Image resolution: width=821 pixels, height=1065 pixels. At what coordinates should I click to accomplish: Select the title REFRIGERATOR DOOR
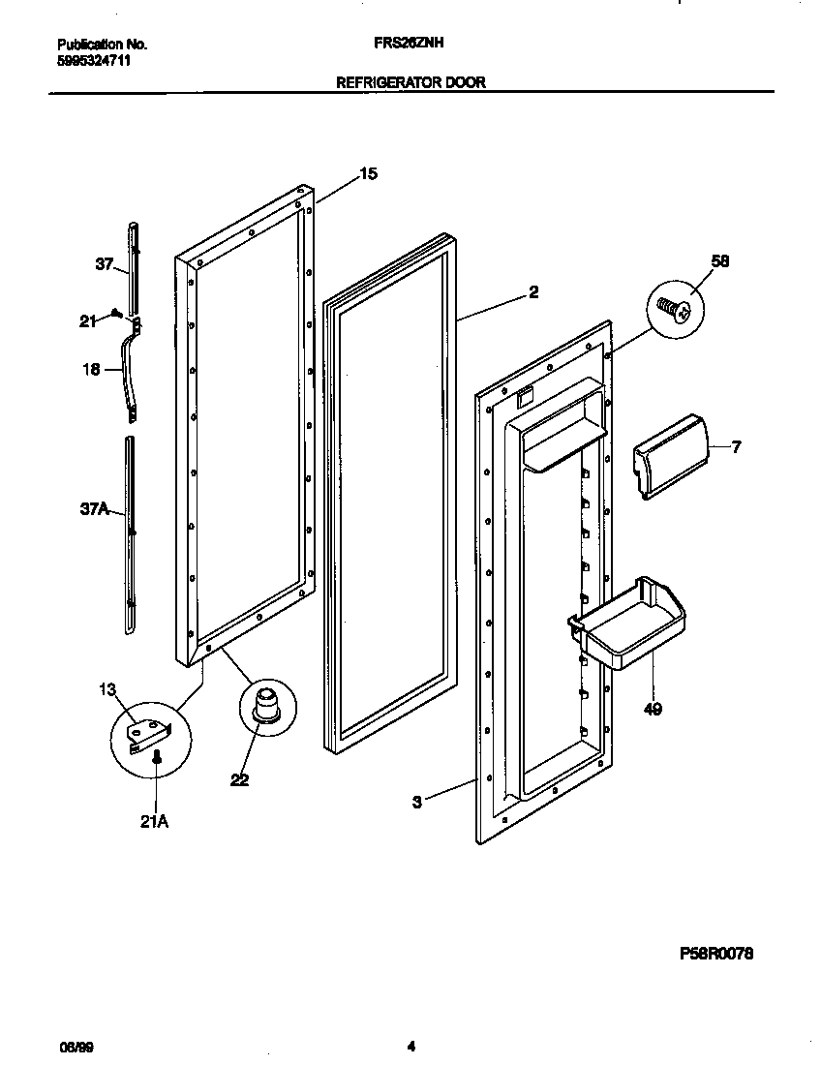410,83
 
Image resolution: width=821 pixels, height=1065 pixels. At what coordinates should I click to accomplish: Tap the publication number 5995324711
94,60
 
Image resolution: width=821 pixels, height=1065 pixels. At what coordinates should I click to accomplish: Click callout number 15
368,174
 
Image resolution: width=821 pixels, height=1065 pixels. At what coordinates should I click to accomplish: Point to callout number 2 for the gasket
533,291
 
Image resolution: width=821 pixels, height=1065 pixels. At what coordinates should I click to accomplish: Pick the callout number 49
654,710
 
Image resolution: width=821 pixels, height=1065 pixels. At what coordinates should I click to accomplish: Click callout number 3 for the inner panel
416,802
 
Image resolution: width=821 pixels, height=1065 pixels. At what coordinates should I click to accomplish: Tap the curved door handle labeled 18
129,373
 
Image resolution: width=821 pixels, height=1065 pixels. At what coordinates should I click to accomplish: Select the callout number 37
104,263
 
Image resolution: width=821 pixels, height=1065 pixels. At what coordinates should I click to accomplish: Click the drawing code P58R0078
715,954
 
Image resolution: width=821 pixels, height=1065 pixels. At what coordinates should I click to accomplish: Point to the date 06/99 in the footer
76,1047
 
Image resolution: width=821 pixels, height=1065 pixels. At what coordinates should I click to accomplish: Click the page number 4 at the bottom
410,1046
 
